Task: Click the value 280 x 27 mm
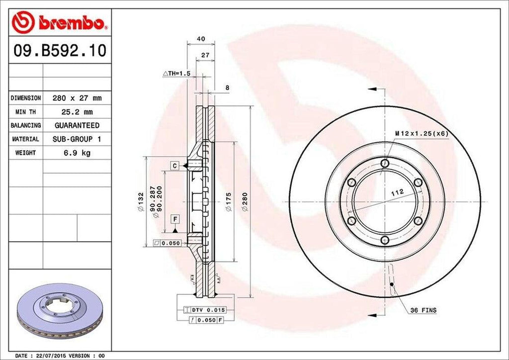[77, 98]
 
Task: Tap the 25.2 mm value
[77, 112]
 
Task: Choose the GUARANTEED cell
[77, 125]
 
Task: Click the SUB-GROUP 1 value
[77, 139]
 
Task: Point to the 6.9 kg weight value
[77, 153]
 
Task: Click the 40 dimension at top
[201, 39]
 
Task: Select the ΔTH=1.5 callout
[177, 73]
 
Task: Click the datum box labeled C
[175, 165]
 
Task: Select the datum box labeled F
[175, 219]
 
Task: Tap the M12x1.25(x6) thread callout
[422, 133]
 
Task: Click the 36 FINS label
[423, 310]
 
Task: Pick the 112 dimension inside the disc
[396, 191]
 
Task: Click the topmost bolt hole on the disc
[385, 163]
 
